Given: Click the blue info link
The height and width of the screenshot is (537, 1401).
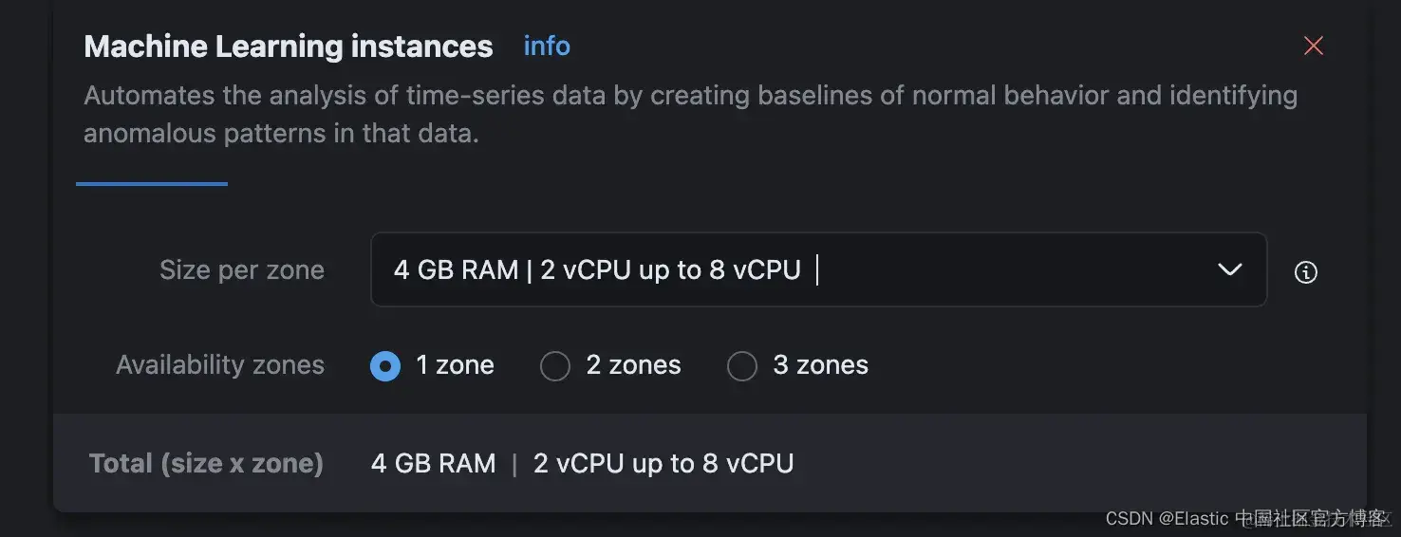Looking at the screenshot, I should [547, 46].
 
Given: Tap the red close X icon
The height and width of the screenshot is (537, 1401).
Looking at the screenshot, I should [1313, 46].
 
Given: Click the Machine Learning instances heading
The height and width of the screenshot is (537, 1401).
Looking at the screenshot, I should [289, 46].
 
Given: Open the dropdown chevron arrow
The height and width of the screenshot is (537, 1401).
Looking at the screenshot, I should [1229, 270].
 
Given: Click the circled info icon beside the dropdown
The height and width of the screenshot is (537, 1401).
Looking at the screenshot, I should [1306, 272].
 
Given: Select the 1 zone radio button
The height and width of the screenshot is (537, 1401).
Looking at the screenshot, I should [385, 366].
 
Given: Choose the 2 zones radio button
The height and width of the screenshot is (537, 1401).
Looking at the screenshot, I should [555, 366].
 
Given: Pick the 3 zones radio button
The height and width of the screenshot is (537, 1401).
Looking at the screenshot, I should [742, 366].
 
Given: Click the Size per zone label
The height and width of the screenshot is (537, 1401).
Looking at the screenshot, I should [242, 270].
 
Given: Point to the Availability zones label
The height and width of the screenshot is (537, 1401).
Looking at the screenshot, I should [220, 365].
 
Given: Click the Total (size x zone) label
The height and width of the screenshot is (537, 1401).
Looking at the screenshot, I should [206, 464].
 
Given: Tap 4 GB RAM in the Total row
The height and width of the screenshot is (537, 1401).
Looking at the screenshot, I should [433, 464].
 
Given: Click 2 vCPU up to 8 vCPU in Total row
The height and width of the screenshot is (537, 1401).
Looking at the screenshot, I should [663, 464].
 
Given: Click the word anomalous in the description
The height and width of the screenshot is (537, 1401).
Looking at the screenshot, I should [150, 134].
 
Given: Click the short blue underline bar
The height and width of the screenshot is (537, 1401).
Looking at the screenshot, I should [152, 184].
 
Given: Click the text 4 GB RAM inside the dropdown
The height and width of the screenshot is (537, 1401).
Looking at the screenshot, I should [456, 270].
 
